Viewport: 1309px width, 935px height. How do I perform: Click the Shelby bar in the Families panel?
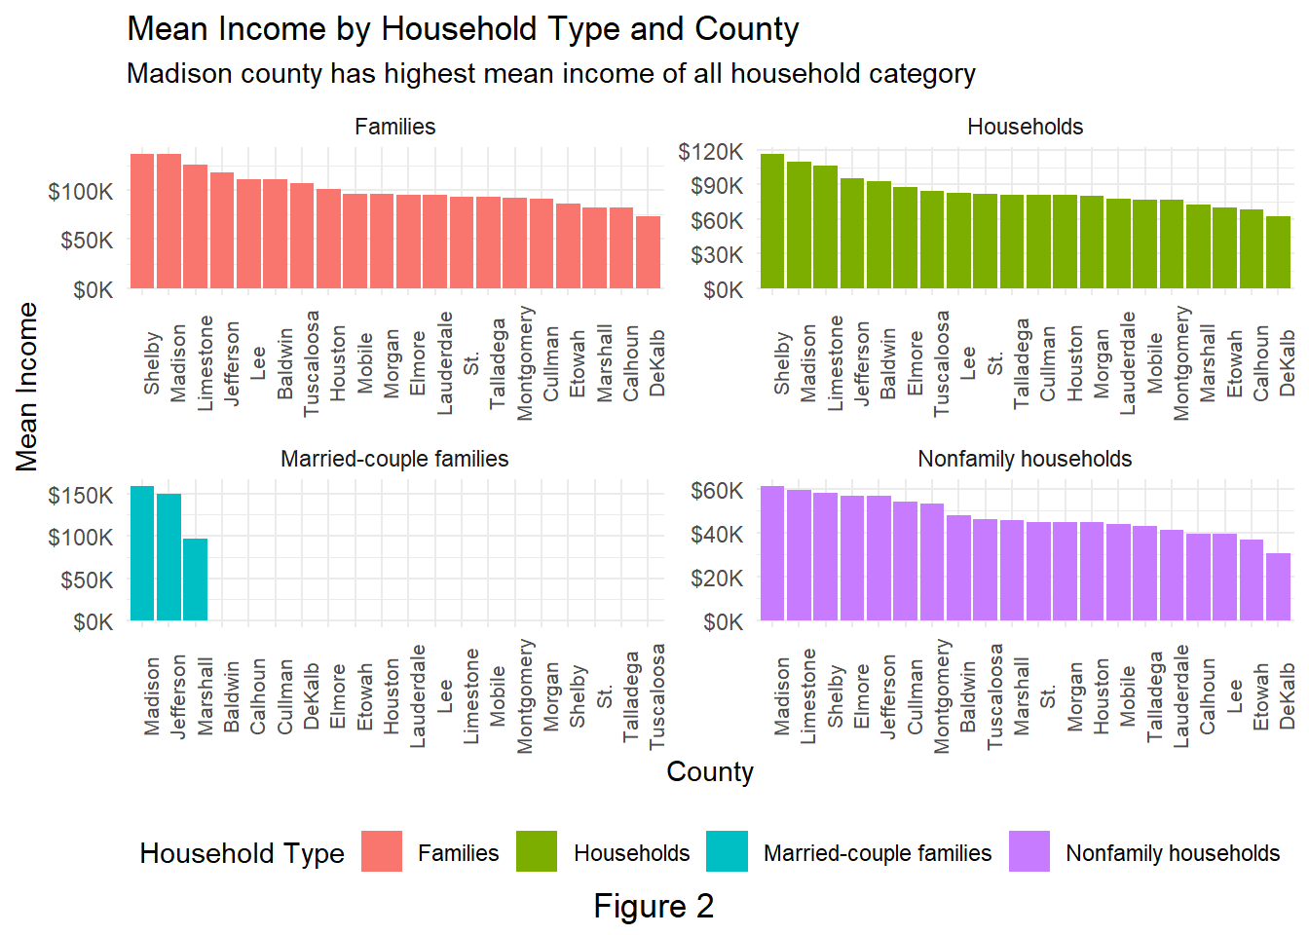point(142,221)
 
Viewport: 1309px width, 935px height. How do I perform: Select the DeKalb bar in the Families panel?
point(649,252)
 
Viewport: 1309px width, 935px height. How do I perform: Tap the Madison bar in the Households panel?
point(800,225)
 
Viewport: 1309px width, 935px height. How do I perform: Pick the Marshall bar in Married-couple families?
point(196,579)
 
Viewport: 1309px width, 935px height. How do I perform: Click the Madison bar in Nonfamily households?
point(772,553)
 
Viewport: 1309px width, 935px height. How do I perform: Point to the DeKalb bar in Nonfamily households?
point(1278,586)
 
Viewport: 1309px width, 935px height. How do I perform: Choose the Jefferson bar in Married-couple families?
point(169,557)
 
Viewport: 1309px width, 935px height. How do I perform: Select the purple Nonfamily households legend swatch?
point(1029,852)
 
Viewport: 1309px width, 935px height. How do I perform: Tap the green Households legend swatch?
point(537,852)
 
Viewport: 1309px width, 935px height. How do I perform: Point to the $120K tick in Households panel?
point(711,152)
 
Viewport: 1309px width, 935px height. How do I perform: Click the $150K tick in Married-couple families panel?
point(81,496)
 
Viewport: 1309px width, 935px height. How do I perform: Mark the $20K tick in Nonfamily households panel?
point(717,579)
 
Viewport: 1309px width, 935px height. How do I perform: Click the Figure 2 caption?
point(654,906)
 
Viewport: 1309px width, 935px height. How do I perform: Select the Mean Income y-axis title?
point(27,387)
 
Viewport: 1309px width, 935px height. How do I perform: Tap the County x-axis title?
point(710,772)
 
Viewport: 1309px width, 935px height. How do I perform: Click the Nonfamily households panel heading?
point(1025,459)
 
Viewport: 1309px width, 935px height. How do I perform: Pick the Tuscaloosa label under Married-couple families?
point(657,695)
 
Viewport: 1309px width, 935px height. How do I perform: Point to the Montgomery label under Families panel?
point(525,362)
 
